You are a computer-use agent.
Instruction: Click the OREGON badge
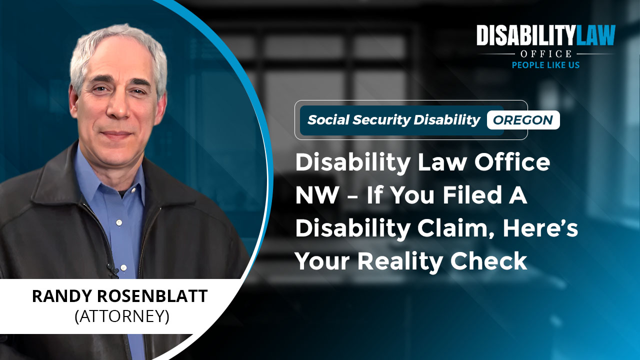point(523,120)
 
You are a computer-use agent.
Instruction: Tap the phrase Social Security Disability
point(393,120)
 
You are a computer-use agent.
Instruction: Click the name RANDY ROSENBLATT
point(119,296)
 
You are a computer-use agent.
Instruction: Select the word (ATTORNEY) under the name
point(122,316)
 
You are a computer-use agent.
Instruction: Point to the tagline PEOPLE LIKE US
point(545,65)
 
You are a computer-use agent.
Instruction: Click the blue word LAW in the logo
point(595,35)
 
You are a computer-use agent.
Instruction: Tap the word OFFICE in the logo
point(545,53)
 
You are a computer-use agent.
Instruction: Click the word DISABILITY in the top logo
point(525,35)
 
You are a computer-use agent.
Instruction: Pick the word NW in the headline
point(316,195)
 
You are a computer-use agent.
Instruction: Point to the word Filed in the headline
point(472,194)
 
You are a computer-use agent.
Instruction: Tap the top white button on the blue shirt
point(119,222)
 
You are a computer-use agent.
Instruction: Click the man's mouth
point(116,133)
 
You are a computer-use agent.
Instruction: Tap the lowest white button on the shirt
point(123,267)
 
